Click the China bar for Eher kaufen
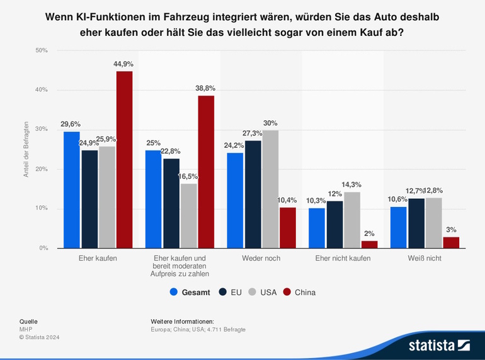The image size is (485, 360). [124, 160]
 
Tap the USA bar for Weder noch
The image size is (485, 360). [270, 189]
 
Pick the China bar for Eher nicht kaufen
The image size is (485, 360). [369, 244]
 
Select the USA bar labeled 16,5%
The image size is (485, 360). [188, 216]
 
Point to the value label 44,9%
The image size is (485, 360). [124, 64]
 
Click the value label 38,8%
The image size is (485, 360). [206, 89]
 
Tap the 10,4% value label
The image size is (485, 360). [287, 200]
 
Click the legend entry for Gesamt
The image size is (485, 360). [190, 292]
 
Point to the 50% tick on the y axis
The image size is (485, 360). [41, 50]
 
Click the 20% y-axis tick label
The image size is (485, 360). [41, 169]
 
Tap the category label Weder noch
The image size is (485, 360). [261, 258]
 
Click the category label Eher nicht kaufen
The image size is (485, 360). [343, 258]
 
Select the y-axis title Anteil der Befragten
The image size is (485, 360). [26, 149]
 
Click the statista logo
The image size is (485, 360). [439, 345]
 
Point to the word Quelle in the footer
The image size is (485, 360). [28, 321]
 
